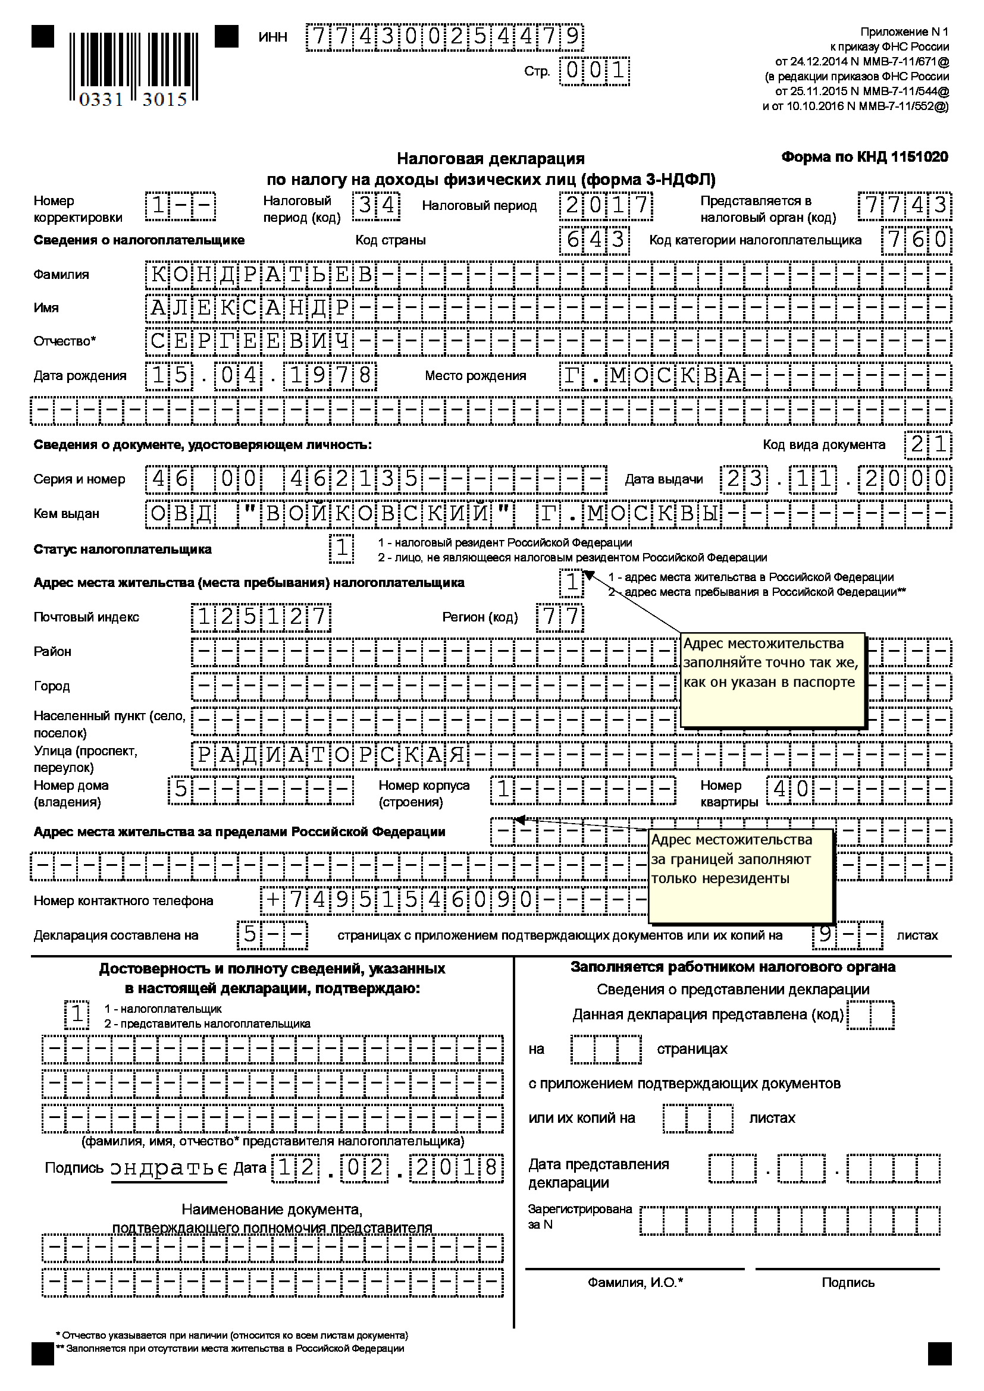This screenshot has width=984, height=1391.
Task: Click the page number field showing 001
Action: (594, 71)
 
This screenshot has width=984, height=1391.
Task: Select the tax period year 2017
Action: (606, 206)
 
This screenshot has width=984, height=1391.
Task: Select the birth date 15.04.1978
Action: (261, 376)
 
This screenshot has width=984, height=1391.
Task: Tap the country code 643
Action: (594, 240)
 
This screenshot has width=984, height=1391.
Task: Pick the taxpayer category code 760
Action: (917, 240)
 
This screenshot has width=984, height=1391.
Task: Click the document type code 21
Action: (927, 445)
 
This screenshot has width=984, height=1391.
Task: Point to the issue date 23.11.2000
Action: (835, 479)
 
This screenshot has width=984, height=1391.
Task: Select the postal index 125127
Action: (261, 617)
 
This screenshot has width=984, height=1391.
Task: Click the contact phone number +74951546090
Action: (400, 900)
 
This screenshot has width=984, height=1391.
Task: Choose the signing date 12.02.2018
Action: (388, 1167)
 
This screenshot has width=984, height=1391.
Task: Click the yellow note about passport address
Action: (772, 680)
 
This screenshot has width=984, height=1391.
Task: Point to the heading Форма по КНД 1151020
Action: (864, 158)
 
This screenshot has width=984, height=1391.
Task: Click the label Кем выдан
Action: (66, 514)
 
